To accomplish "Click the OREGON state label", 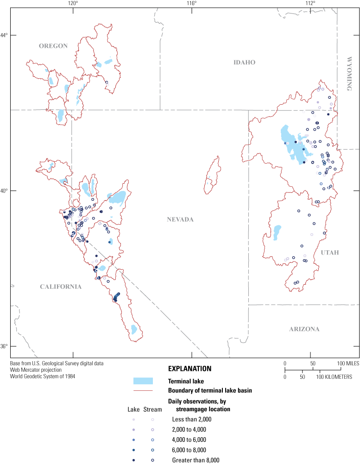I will (x=53, y=46).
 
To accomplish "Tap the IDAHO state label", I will (x=245, y=63).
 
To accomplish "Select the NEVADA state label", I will (x=180, y=219).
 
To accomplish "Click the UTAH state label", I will (x=330, y=253).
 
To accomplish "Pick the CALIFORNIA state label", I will (x=61, y=287).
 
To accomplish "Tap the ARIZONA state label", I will (x=304, y=329).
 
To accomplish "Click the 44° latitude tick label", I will (x=4, y=35).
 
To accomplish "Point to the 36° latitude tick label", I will (x=4, y=346).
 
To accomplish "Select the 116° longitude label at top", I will (x=192, y=3).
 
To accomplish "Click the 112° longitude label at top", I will (x=311, y=3).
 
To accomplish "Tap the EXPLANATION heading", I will (x=189, y=369).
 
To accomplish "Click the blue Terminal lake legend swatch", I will (x=143, y=381).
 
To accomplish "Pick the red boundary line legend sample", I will (x=143, y=391).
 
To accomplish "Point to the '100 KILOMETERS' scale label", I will (x=335, y=377).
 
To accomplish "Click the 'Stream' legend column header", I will (x=153, y=409).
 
